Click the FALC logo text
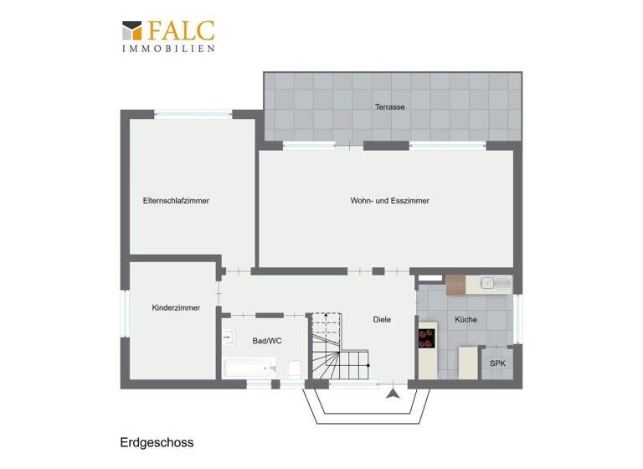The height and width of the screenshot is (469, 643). pyautogui.click(x=182, y=31)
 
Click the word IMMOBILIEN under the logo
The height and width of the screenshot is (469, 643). pyautogui.click(x=168, y=49)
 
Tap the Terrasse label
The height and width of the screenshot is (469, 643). pyautogui.click(x=390, y=106)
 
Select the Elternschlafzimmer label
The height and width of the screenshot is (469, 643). pyautogui.click(x=176, y=201)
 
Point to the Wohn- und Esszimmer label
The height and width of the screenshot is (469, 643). pyautogui.click(x=389, y=201)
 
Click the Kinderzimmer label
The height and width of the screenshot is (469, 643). pyautogui.click(x=176, y=308)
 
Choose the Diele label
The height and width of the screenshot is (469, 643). pyautogui.click(x=382, y=320)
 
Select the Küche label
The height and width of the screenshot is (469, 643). pyautogui.click(x=466, y=320)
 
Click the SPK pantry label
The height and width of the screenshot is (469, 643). pyautogui.click(x=497, y=363)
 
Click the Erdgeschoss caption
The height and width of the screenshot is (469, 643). pyautogui.click(x=157, y=441)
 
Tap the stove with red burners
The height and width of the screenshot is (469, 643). pyautogui.click(x=427, y=338)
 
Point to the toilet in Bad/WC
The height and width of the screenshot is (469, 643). pyautogui.click(x=294, y=368)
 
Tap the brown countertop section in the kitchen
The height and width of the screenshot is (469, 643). pyautogui.click(x=455, y=285)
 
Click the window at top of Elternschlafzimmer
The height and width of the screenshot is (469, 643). pyautogui.click(x=193, y=114)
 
